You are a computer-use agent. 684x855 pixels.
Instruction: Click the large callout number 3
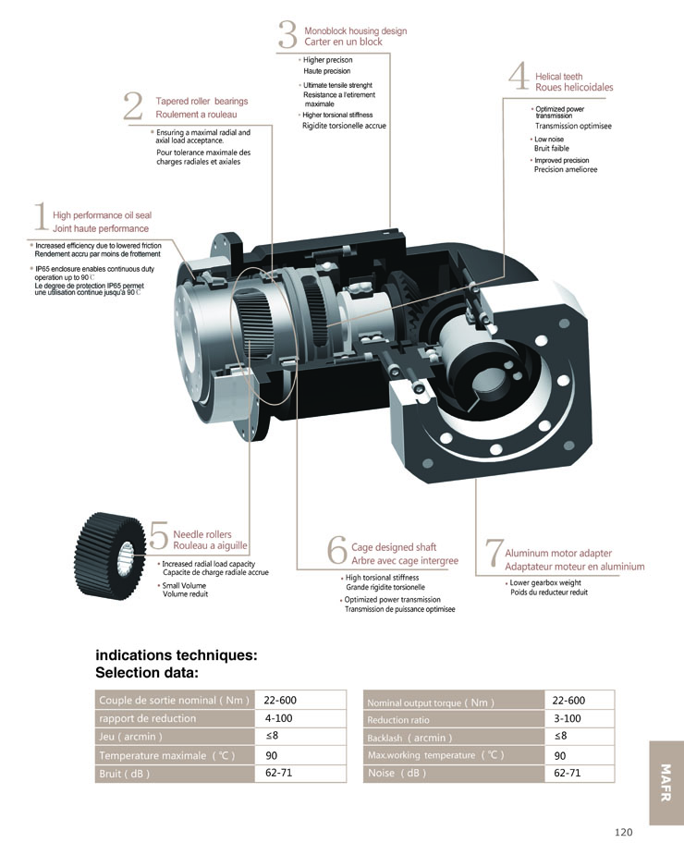[287, 35]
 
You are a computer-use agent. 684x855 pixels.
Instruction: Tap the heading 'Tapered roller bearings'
[202, 101]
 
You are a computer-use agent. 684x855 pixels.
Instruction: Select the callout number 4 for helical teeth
[518, 79]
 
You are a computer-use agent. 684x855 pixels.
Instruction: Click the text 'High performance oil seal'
[102, 214]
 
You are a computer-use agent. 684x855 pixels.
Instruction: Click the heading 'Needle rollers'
[202, 534]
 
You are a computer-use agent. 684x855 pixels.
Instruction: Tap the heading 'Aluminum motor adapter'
[558, 553]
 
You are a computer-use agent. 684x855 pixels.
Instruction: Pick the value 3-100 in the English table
[567, 718]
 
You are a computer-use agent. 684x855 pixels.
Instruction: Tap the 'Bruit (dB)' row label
[124, 773]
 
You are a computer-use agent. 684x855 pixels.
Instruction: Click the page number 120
[623, 832]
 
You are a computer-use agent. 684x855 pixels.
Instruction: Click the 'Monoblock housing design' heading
[355, 31]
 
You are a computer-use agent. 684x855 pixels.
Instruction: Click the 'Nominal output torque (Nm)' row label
[430, 702]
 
